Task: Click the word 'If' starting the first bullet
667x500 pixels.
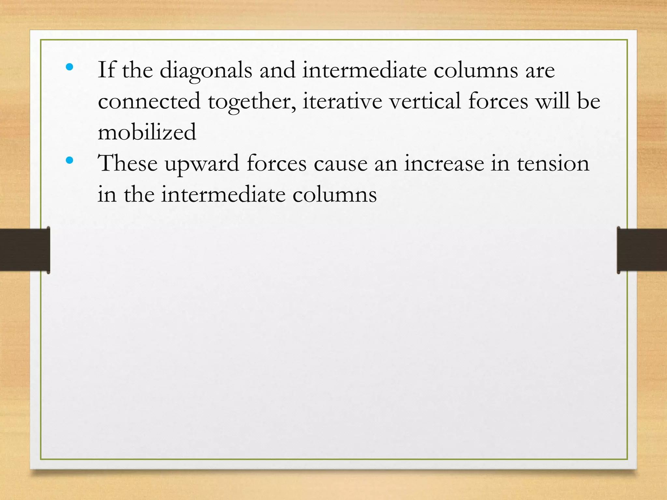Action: click(x=106, y=70)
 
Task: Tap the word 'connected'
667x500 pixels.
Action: click(x=149, y=101)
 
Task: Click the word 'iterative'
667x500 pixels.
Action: click(x=342, y=101)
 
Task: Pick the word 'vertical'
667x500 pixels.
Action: click(x=425, y=101)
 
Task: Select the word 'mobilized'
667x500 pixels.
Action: click(x=147, y=132)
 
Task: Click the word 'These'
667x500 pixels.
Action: click(x=128, y=163)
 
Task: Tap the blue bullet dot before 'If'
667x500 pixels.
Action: click(x=69, y=67)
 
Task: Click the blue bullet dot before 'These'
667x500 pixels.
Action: click(x=69, y=160)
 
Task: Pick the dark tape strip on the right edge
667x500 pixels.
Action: click(x=642, y=250)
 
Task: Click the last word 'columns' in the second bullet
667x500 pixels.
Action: click(x=334, y=195)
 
